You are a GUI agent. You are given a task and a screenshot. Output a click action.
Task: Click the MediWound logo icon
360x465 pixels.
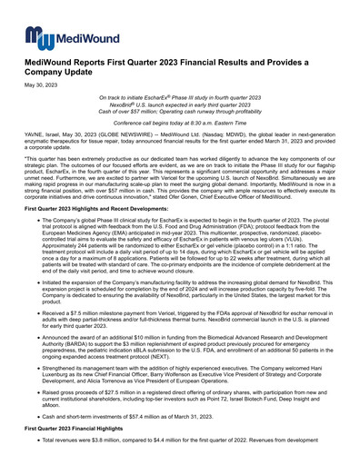pyautogui.click(x=37, y=35)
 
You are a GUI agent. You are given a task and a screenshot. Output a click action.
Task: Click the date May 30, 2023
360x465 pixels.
pyautogui.click(x=40, y=85)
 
